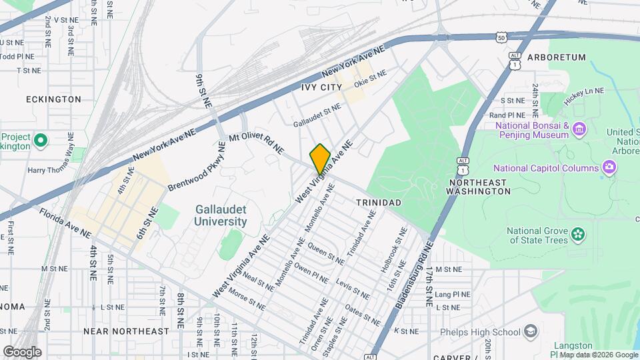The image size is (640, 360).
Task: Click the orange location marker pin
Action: pos(320,159)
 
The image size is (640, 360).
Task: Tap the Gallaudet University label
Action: pos(221,215)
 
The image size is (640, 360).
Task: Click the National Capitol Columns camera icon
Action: pos(608,167)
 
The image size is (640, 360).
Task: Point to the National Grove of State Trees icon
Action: pos(578,235)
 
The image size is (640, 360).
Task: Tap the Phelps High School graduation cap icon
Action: pos(530,331)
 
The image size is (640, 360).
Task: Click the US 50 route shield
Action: pos(501,38)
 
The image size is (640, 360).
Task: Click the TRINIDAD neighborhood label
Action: pos(378,202)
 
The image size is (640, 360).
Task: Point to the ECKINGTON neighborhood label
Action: pos(53,99)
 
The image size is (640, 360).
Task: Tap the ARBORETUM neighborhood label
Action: pos(556,57)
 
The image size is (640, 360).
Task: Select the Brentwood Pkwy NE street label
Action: pos(197,165)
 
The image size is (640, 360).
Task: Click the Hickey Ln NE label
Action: pos(583,91)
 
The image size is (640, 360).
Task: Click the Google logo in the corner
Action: pos(22,351)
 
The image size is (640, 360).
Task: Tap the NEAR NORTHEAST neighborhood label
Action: pos(127,331)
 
